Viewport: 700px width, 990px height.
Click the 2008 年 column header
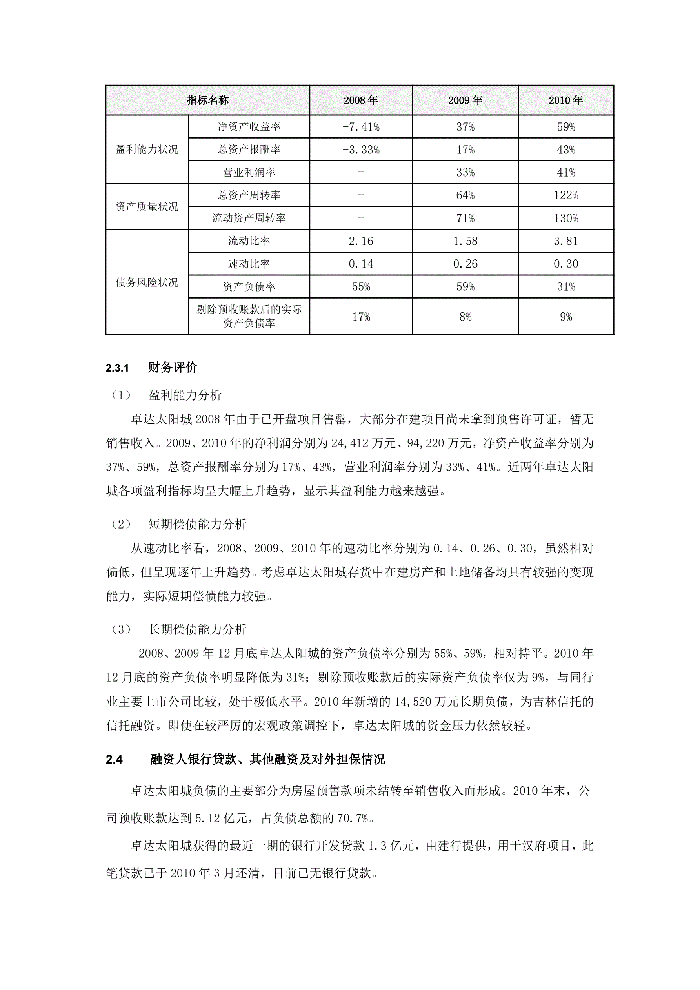(361, 100)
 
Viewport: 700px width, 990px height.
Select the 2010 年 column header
(565, 100)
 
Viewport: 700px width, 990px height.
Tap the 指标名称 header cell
(207, 100)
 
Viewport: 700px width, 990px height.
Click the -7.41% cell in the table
(361, 127)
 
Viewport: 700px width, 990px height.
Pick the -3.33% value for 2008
(361, 150)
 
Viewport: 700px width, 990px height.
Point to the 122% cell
(565, 195)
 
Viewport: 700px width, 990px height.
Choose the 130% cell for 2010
(565, 218)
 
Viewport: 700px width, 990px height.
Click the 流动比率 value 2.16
(361, 241)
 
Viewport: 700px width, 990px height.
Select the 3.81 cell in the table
(565, 241)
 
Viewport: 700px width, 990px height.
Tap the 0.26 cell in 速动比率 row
(465, 264)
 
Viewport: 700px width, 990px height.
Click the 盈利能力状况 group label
(147, 150)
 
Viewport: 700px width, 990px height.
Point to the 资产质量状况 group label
(147, 206)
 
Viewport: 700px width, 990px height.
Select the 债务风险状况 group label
(147, 283)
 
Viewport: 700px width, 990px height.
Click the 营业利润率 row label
(249, 173)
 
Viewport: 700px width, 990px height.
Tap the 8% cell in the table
(465, 317)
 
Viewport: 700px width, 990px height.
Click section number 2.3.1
(117, 368)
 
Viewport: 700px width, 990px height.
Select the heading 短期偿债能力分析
(197, 524)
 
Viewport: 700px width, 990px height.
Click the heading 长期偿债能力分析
(197, 629)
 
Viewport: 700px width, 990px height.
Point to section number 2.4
(114, 760)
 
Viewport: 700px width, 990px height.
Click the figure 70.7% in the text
(352, 819)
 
